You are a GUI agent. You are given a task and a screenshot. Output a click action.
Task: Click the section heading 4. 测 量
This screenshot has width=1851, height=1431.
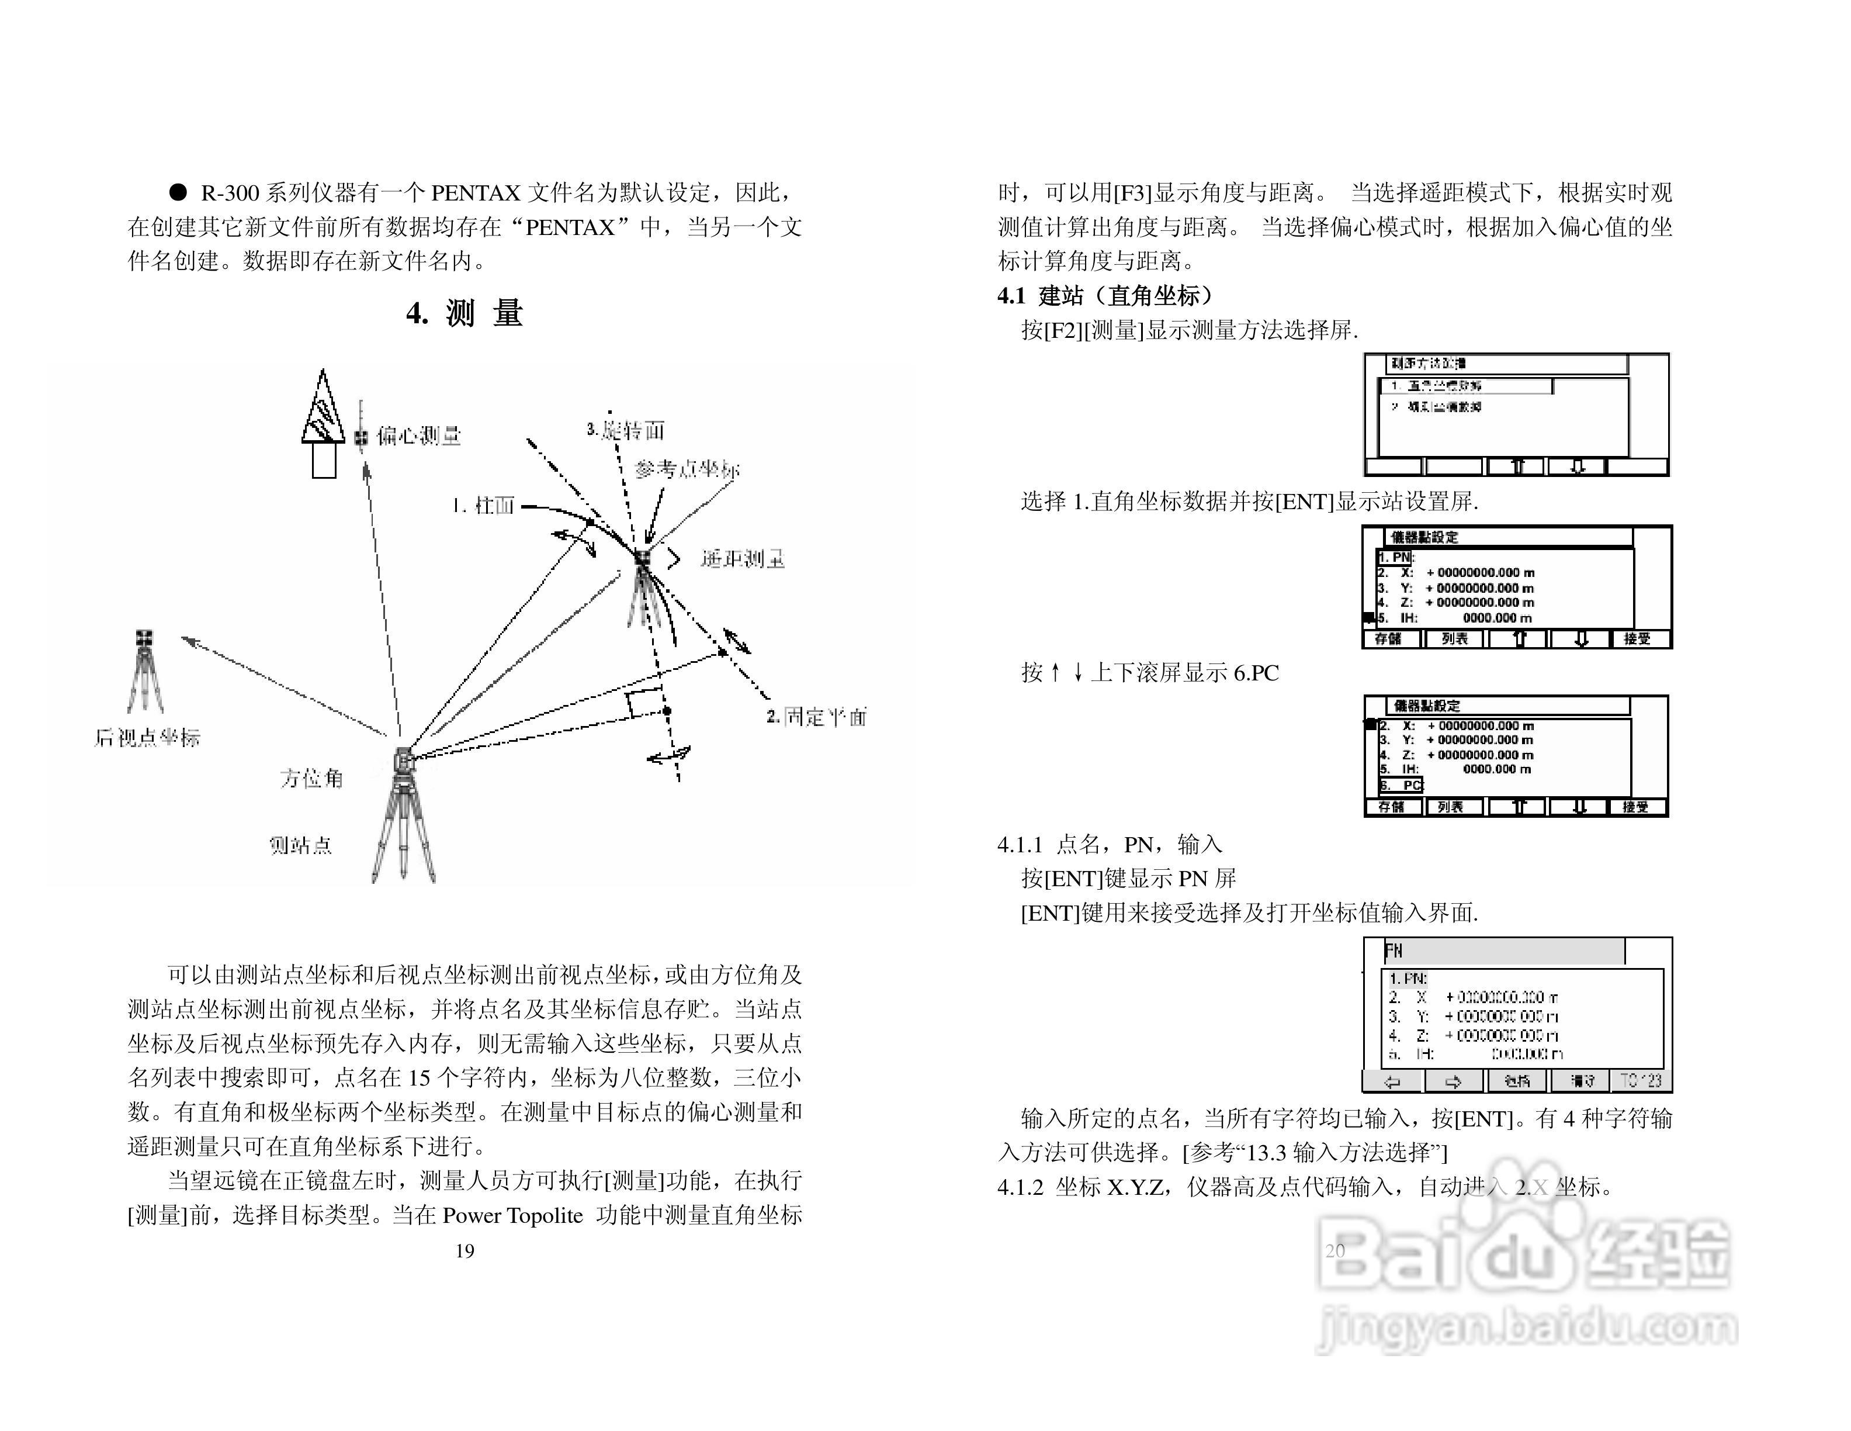465,314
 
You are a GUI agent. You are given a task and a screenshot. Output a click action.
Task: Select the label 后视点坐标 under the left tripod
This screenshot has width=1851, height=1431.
147,738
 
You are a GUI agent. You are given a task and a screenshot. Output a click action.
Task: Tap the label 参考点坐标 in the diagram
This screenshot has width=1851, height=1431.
687,469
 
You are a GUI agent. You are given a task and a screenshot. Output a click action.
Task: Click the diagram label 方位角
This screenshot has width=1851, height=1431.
311,778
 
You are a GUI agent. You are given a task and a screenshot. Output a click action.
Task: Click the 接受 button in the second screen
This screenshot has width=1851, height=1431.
1637,639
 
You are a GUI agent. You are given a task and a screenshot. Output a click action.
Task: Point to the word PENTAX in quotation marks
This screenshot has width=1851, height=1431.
570,227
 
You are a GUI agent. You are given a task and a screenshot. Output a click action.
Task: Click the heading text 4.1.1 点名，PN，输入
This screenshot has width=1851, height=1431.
1110,844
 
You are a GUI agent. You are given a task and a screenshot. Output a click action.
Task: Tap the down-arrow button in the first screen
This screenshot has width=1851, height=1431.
1576,466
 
